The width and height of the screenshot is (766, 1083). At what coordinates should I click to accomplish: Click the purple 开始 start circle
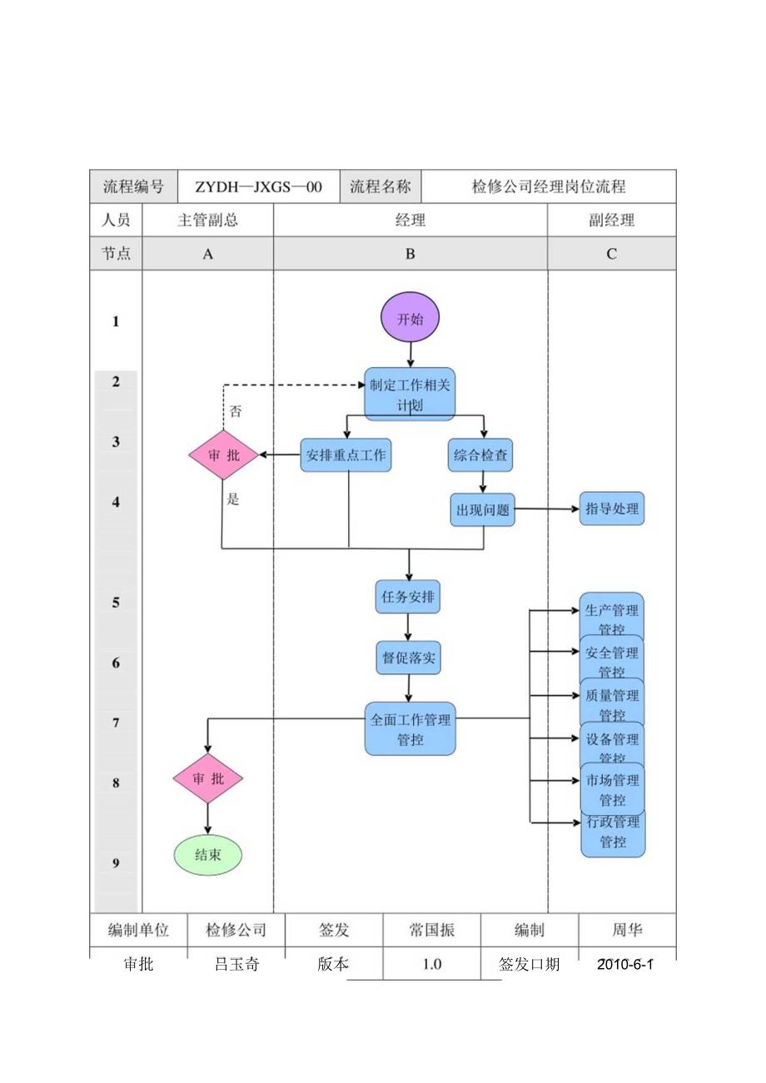[x=410, y=319]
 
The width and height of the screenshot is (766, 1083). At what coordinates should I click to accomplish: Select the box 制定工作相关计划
[x=410, y=394]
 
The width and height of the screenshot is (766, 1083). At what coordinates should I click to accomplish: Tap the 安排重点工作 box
[x=346, y=455]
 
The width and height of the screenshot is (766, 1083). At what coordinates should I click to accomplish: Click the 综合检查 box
[x=480, y=455]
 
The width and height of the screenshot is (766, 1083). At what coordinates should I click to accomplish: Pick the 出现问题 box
[x=483, y=509]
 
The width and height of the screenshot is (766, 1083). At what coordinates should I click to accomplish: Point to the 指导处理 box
[x=612, y=509]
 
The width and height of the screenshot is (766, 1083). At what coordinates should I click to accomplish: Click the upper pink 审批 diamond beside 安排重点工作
[x=223, y=455]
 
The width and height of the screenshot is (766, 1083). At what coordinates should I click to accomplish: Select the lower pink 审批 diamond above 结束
[x=208, y=778]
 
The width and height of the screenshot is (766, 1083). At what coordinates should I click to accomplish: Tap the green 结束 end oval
[x=208, y=855]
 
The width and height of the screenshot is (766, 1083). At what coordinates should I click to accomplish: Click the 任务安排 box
[x=407, y=597]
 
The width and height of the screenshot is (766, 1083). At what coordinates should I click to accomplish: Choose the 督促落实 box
[x=407, y=658]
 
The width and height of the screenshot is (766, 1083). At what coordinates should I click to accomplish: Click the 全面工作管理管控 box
[x=410, y=728]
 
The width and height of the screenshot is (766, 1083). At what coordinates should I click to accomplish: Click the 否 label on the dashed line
[x=236, y=411]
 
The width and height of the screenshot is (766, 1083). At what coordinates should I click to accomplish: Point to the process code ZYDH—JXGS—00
[x=258, y=187]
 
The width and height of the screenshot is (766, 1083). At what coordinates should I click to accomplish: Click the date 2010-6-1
[x=625, y=964]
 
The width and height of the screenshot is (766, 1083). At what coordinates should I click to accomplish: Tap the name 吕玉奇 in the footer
[x=236, y=964]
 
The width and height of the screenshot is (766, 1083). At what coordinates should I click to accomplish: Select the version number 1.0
[x=431, y=964]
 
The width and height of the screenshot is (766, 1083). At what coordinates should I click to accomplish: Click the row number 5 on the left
[x=116, y=602]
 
